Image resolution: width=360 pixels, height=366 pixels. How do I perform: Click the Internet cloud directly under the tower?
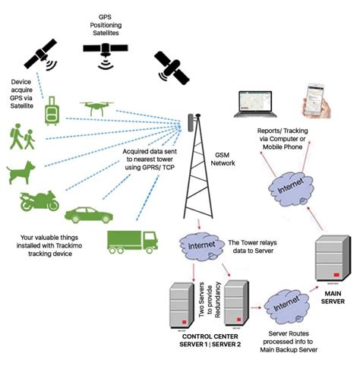pos(199,245)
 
